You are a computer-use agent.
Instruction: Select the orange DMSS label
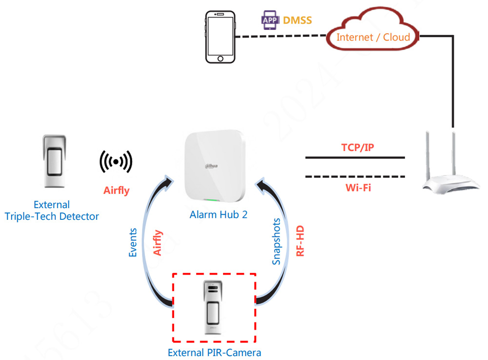[298, 21]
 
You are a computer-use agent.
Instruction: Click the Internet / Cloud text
[373, 37]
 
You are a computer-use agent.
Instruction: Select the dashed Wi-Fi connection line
[355, 176]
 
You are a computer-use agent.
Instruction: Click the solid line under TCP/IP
[355, 158]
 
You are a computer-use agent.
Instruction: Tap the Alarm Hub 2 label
[218, 214]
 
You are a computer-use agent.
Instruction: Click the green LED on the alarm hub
[210, 200]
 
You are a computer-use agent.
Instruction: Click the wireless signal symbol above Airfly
[116, 161]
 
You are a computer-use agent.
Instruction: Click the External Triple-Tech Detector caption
[51, 211]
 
